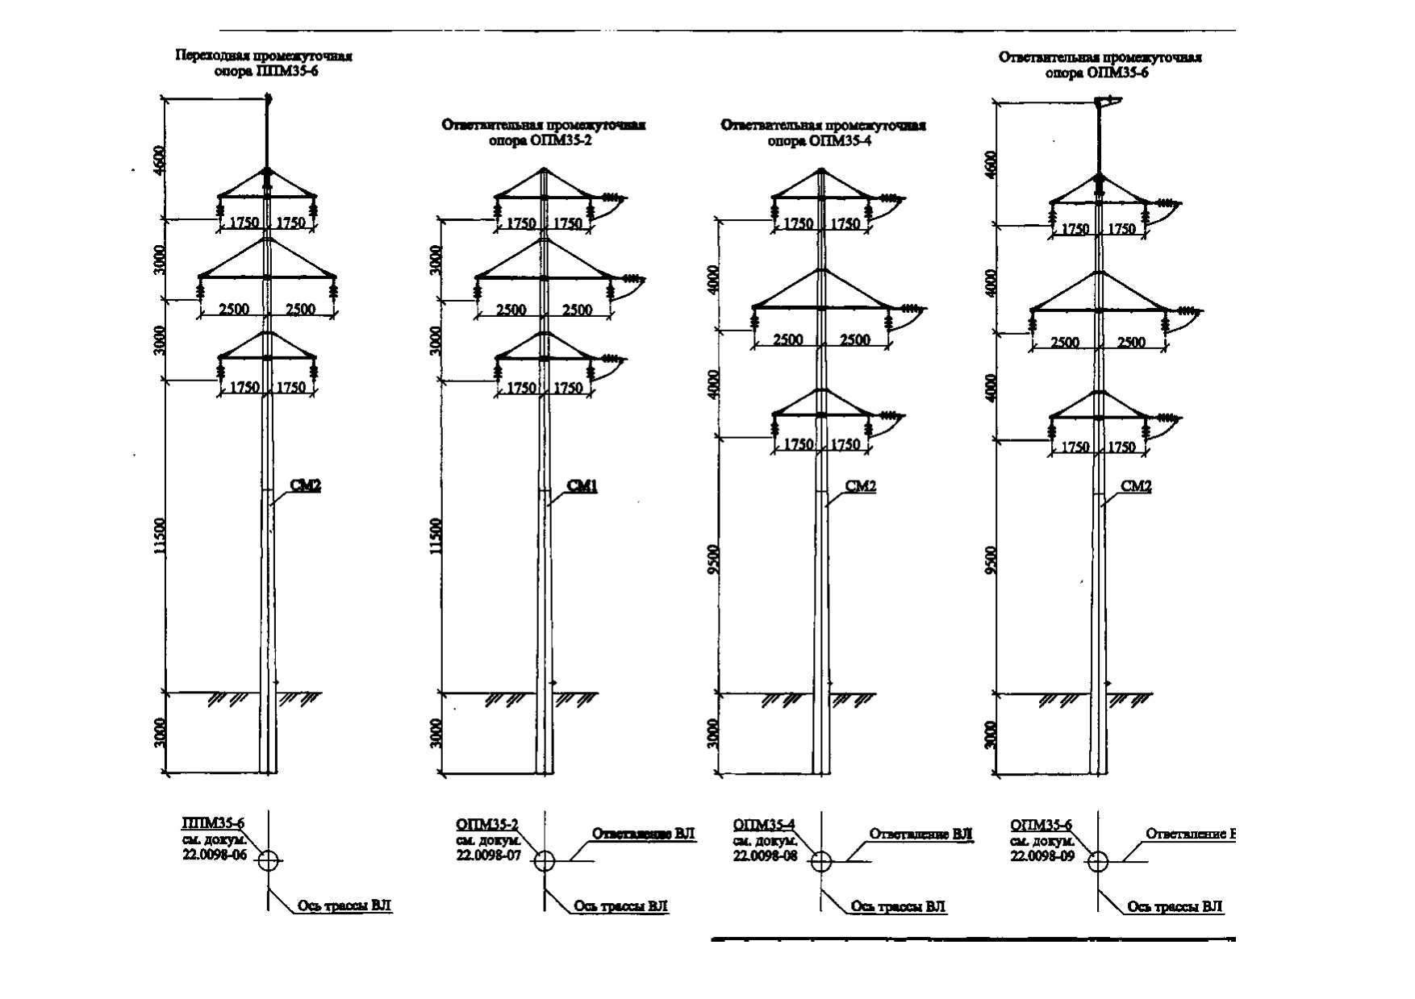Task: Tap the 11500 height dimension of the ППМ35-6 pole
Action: (161, 536)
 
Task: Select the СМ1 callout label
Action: (582, 486)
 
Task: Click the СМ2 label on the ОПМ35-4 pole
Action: (860, 486)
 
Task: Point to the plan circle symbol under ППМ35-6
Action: (269, 860)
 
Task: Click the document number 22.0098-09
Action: (1041, 856)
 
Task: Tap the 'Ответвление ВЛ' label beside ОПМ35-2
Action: (643, 833)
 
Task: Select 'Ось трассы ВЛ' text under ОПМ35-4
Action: (898, 906)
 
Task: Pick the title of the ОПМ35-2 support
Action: (543, 132)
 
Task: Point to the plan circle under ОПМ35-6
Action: (1097, 861)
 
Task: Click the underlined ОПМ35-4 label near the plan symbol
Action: (764, 825)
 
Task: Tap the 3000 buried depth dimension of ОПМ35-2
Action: (436, 734)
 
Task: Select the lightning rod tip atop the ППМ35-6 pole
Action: (269, 100)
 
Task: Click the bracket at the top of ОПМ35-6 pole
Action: (1107, 102)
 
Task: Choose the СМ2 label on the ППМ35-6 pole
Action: (306, 486)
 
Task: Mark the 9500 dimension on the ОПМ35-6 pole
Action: (991, 560)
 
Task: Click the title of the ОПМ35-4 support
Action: (823, 133)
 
